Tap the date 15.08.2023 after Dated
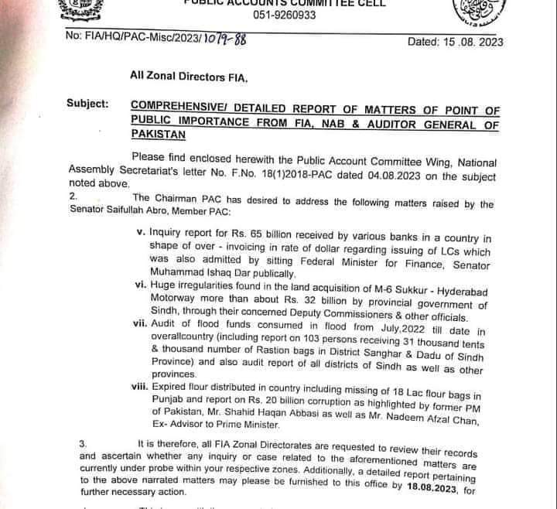tap(467, 42)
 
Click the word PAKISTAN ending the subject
tap(159, 134)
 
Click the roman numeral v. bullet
tap(140, 231)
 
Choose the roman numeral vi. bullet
tap(140, 285)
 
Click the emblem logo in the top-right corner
tap(473, 13)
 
